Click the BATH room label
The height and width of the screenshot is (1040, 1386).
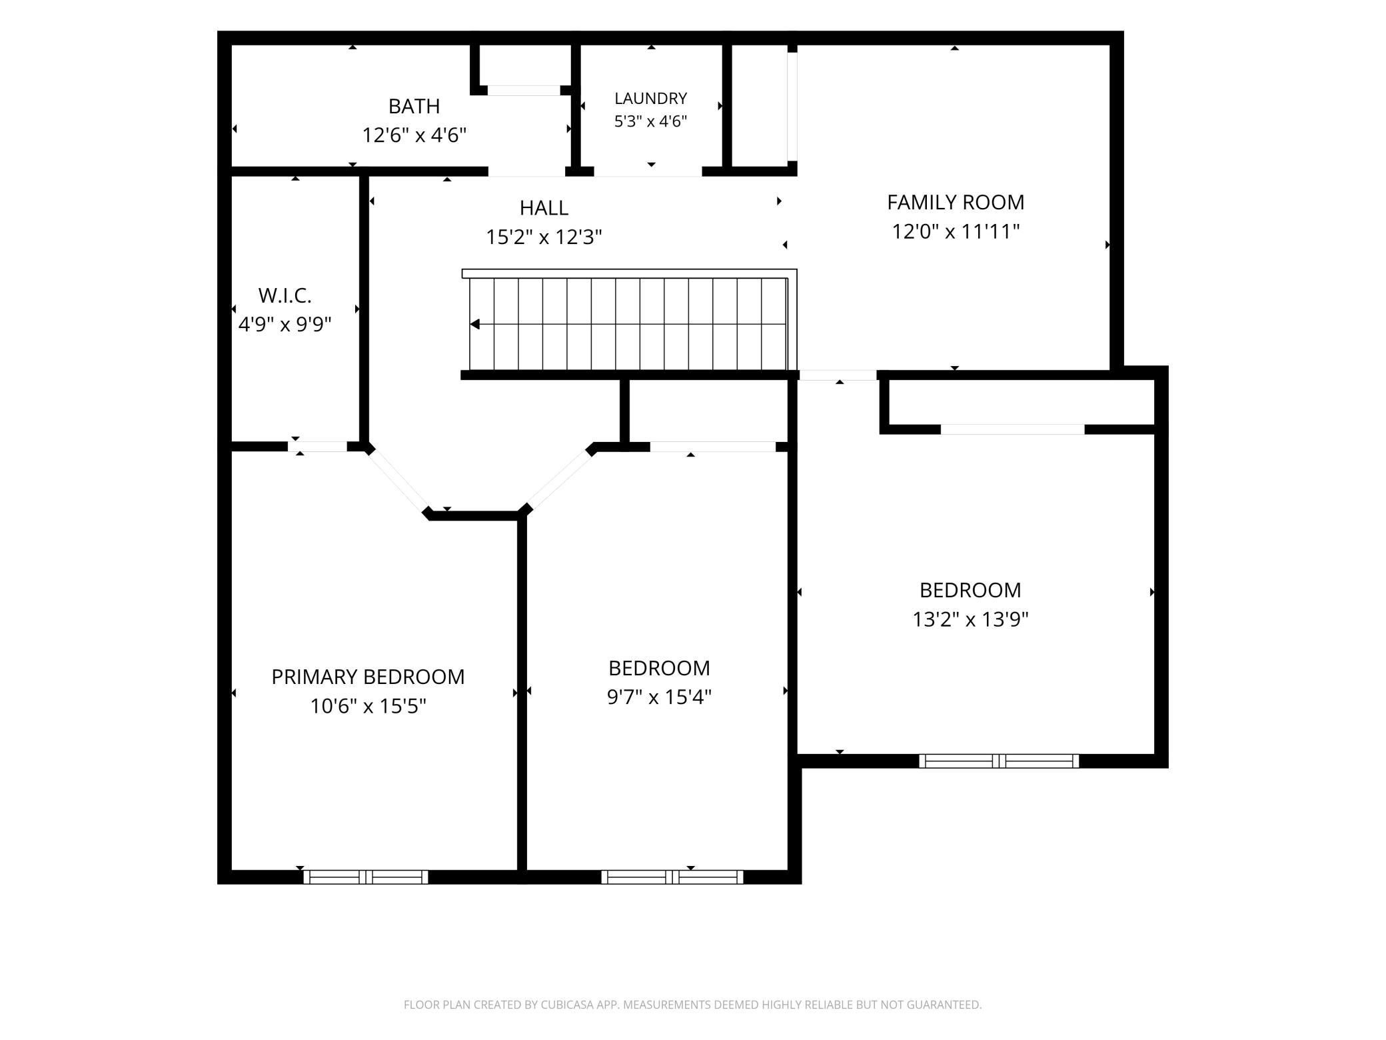(414, 106)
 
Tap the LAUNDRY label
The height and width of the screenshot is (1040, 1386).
(650, 99)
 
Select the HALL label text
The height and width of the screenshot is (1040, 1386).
(544, 208)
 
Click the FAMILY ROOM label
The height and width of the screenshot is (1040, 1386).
(956, 202)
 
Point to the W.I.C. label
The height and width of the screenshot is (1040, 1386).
(285, 295)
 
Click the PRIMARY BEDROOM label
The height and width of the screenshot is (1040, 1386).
(368, 677)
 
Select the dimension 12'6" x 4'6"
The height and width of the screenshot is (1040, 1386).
(414, 135)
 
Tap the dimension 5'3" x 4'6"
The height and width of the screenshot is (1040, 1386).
(650, 121)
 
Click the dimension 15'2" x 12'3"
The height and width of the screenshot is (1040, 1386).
(544, 237)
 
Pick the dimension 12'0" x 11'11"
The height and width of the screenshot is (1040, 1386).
(956, 231)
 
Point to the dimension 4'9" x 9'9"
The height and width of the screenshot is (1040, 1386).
(285, 324)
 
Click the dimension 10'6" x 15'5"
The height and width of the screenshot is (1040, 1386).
(368, 705)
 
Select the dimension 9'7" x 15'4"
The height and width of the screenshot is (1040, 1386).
(659, 697)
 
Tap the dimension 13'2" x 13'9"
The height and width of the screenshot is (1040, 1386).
(970, 619)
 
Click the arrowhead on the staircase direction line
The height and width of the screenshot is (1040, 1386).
(475, 325)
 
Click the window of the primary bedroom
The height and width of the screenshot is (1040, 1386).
(366, 877)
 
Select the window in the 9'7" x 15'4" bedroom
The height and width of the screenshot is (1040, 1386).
(672, 877)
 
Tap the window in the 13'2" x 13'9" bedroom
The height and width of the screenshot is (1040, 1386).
(999, 761)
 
